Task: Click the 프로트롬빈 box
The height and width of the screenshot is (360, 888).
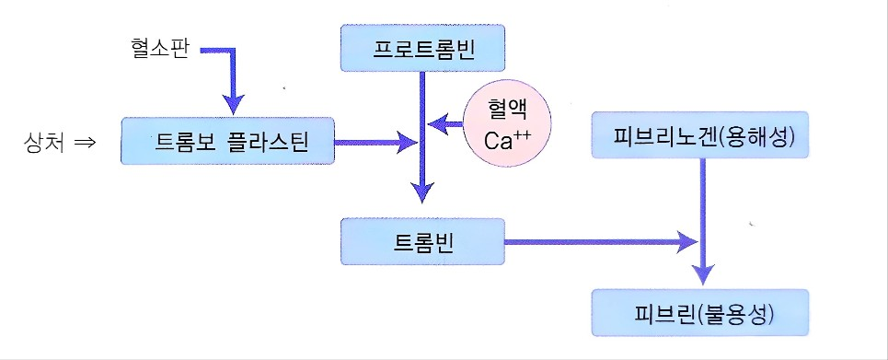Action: pos(422,49)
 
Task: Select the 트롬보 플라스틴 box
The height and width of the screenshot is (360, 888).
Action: pos(226,142)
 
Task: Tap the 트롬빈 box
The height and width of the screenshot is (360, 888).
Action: pos(422,243)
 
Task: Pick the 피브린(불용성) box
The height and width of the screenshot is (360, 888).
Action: pos(701,313)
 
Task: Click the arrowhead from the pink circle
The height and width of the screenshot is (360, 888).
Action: pos(442,122)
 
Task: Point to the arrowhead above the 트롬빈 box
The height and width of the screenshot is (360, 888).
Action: pos(422,192)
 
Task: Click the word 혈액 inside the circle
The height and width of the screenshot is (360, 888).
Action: pos(507,110)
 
